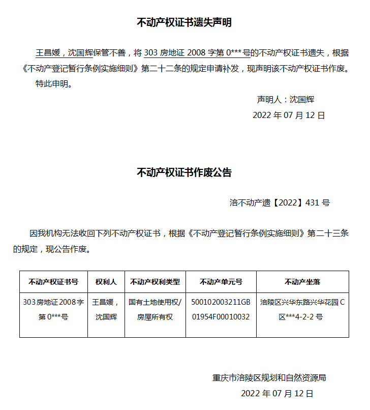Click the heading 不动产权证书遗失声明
pos(184,23)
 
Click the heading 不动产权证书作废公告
pos(184,173)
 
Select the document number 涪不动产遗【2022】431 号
pos(280,202)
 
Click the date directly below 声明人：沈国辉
pos(289,115)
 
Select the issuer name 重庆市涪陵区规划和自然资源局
pos(269,378)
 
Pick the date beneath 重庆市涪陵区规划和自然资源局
pos(277,394)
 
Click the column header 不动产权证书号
pos(53,282)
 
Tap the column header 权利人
pos(106,282)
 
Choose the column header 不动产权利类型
pos(155,282)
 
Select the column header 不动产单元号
pos(221,282)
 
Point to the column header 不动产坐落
pos(302,282)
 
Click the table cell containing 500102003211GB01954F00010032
pos(221,309)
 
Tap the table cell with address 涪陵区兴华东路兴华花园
pos(302,309)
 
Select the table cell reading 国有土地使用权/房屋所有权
pos(155,309)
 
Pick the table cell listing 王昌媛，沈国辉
pos(106,309)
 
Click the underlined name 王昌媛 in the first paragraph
pos(48,53)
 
